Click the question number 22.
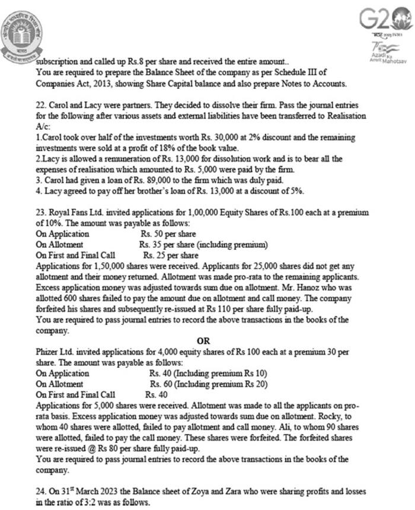pos(41,104)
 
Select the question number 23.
pos(41,212)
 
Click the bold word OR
pos(203,341)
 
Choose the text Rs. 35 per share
pos(165,244)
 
